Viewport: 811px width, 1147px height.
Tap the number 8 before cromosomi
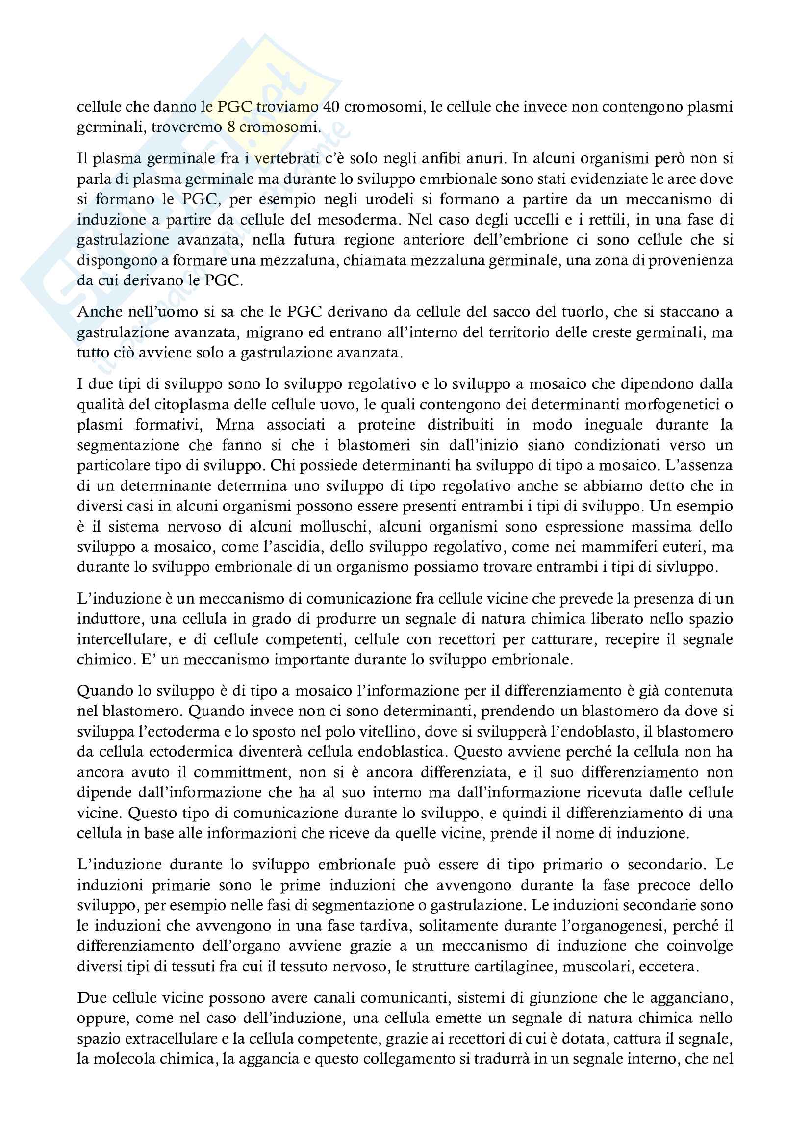point(231,127)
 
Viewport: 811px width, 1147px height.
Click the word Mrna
point(235,425)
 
